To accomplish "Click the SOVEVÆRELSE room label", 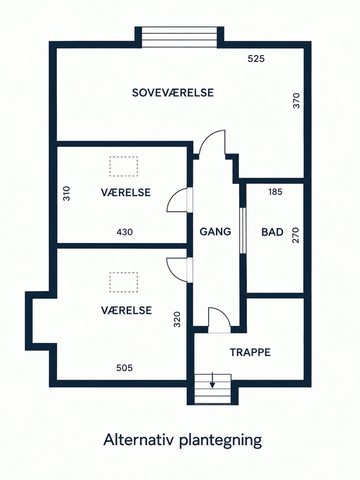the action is pos(173,92).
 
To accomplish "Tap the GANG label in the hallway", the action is pos(215,232).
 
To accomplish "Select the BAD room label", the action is pos(272,232).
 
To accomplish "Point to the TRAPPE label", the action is pos(250,352).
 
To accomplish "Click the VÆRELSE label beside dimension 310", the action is pos(126,192).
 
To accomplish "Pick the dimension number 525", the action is pos(256,59).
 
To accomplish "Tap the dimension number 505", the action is pos(124,368).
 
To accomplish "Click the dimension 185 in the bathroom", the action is pos(275,192).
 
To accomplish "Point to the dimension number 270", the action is pos(295,235).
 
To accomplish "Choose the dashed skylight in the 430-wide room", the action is pos(124,166).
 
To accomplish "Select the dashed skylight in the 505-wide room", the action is pos(124,282).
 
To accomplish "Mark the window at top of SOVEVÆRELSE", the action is pos(179,37).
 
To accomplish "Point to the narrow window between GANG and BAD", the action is pos(243,230).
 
